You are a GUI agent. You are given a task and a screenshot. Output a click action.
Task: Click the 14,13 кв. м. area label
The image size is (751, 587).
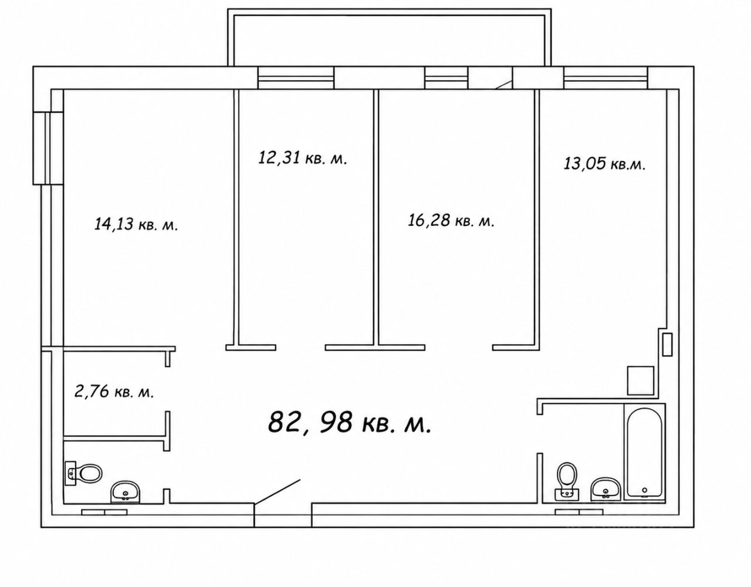[x=136, y=224]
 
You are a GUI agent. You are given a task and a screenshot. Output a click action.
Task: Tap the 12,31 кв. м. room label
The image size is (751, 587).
[x=302, y=158]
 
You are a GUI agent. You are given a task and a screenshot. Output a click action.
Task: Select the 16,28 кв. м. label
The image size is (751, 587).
[x=451, y=220]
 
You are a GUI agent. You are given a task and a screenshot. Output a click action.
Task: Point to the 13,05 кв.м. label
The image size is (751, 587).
[x=604, y=163]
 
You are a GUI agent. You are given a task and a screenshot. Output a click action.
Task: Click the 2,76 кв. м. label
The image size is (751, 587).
[x=114, y=392]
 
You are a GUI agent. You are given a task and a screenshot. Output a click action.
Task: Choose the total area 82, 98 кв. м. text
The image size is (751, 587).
[x=350, y=421]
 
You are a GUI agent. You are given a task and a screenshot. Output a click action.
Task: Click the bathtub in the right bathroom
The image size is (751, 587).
[x=644, y=453]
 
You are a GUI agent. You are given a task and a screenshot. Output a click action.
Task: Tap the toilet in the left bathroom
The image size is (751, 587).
[x=83, y=473]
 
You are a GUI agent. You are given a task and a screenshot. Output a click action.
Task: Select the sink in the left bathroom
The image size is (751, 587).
[x=125, y=492]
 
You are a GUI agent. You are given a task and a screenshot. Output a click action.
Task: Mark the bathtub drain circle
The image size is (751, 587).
[x=645, y=490]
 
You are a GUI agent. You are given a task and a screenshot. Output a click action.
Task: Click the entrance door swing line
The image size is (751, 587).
[x=277, y=491]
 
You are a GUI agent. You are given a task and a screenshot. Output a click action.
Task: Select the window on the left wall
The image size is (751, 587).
[x=48, y=148]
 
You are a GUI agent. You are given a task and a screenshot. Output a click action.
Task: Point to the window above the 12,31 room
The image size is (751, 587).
[x=296, y=78]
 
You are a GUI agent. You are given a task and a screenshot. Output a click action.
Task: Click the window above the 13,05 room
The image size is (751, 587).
[x=605, y=78]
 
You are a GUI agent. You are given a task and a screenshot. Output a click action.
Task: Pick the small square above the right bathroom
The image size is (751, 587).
[x=641, y=380]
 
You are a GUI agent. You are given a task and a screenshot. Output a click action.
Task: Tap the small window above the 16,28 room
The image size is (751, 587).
[x=446, y=78]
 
